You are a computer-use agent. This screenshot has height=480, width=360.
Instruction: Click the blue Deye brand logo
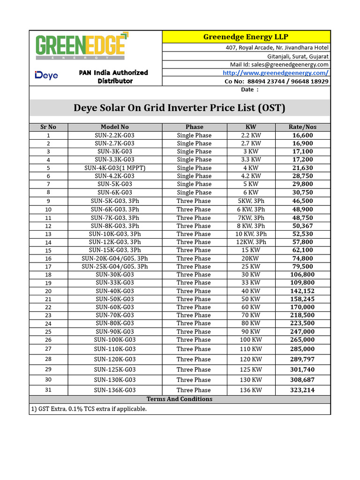tap(46, 75)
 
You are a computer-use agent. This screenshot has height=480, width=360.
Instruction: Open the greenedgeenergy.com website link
tap(275, 73)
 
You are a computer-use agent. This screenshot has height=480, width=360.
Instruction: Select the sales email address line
tap(279, 64)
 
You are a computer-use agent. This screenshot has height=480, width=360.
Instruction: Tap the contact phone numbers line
tap(277, 81)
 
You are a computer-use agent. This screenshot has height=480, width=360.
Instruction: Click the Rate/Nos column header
tap(302, 127)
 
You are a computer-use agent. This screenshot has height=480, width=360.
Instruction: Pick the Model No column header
tap(114, 127)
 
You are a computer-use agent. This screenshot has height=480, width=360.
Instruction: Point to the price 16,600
tap(302, 135)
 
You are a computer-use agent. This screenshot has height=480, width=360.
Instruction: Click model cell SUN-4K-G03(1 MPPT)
tap(115, 168)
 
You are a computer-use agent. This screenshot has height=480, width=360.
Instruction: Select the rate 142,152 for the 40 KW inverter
tap(302, 291)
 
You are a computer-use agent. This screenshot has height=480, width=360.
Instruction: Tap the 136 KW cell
tap(251, 390)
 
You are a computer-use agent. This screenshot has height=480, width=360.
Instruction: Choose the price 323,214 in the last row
tap(302, 390)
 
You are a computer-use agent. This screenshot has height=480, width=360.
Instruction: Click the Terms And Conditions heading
tap(180, 399)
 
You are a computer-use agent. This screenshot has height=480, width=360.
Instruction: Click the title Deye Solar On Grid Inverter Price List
tap(180, 108)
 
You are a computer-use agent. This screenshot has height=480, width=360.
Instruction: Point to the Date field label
tap(247, 90)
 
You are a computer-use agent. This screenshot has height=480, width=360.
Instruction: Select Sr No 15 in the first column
tap(48, 250)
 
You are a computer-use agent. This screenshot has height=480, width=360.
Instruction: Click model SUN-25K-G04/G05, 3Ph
tap(115, 266)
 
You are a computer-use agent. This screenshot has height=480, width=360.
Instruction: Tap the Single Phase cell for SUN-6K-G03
tap(194, 193)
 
